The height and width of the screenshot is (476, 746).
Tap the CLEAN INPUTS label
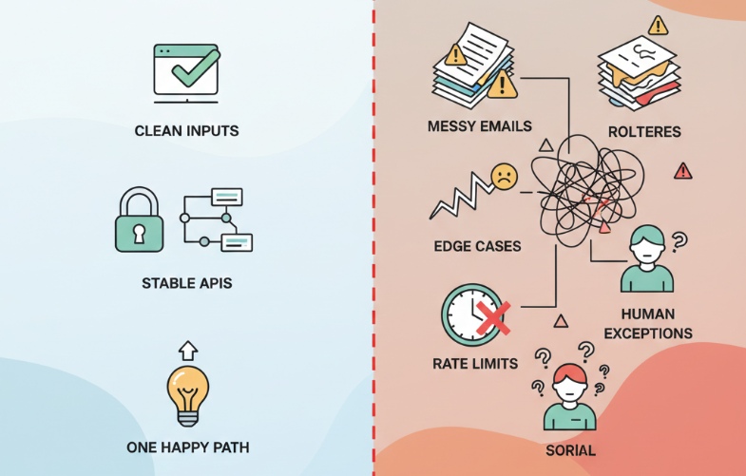(x=186, y=130)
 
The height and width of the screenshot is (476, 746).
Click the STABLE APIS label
(x=186, y=282)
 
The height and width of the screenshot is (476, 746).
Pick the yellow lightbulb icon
(x=186, y=391)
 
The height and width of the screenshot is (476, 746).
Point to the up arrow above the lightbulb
(x=187, y=350)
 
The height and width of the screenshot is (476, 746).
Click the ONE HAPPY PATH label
(x=186, y=447)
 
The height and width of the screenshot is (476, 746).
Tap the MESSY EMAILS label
(x=479, y=126)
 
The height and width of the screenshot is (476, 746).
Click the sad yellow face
(x=504, y=176)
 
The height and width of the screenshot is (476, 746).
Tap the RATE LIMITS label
(x=475, y=363)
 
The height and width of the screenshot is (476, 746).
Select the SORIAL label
(x=570, y=449)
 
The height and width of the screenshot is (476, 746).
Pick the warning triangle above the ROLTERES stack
(x=658, y=25)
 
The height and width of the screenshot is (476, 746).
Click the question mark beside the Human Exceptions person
(x=679, y=241)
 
